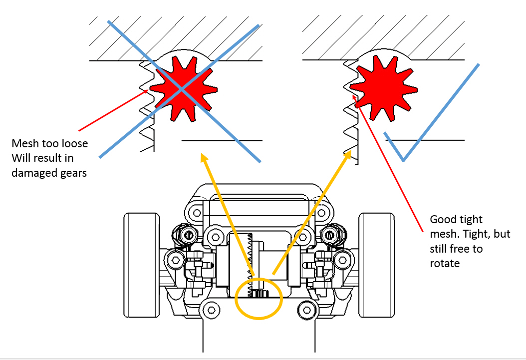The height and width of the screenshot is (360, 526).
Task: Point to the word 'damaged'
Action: pyautogui.click(x=32, y=173)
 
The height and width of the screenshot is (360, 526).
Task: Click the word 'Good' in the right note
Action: pyautogui.click(x=442, y=220)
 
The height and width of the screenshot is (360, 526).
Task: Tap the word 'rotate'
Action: pyautogui.click(x=445, y=263)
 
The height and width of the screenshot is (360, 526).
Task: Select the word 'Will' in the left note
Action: pyautogui.click(x=20, y=158)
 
